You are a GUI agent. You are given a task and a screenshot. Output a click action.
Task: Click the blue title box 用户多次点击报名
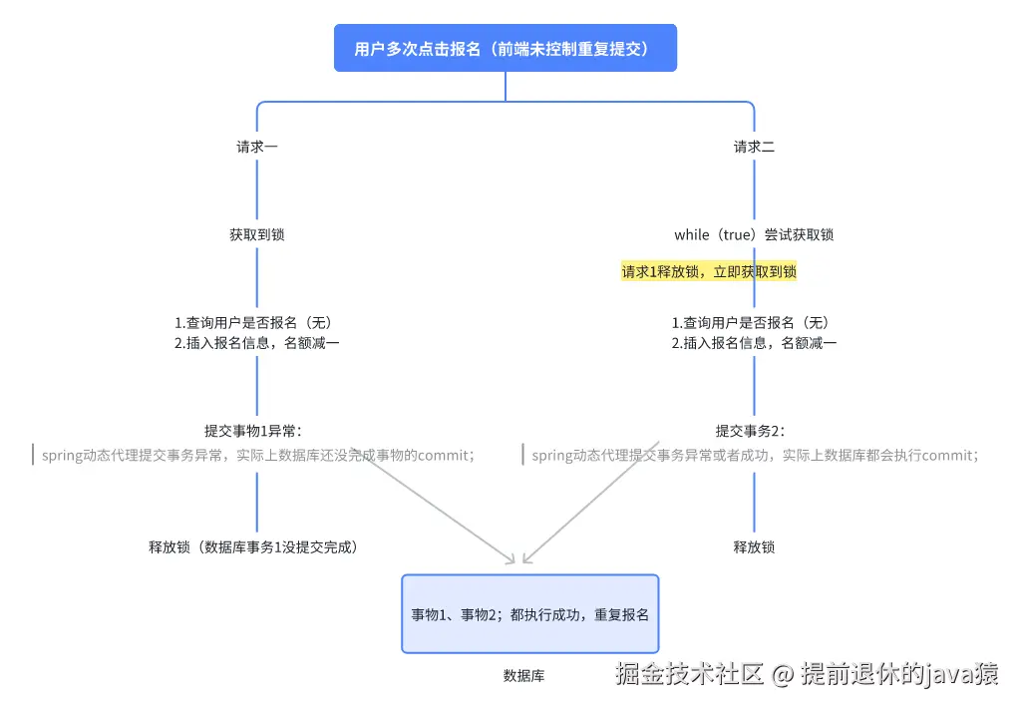[x=505, y=48]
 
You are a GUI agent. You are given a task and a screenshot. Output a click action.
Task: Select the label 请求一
[x=257, y=147]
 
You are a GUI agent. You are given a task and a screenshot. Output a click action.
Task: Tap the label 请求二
[x=754, y=147]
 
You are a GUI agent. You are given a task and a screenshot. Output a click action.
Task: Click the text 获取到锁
[x=257, y=235]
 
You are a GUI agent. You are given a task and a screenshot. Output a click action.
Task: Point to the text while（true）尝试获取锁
[x=754, y=235]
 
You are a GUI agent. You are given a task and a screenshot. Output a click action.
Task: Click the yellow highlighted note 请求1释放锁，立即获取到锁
[x=709, y=271]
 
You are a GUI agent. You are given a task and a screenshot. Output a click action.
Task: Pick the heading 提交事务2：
[x=750, y=431]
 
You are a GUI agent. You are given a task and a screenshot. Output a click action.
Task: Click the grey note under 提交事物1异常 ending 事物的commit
[x=257, y=456]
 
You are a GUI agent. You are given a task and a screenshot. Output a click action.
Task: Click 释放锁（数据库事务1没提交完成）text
[x=253, y=546]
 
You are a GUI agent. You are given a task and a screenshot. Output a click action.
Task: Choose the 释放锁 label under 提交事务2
[x=754, y=546]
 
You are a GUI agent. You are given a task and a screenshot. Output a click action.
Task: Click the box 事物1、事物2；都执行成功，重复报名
[x=529, y=614]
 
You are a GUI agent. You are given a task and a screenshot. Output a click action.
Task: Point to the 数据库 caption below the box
[x=523, y=675]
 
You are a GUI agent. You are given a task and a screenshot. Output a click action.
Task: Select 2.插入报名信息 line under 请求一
[x=257, y=343]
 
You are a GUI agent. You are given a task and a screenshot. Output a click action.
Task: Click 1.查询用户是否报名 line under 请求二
[x=750, y=323]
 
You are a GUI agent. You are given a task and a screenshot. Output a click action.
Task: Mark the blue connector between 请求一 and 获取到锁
[x=257, y=189]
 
